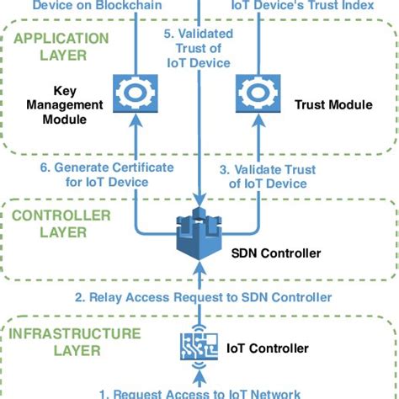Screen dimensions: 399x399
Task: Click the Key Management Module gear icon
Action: point(135,92)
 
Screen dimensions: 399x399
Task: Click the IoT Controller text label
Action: point(268,348)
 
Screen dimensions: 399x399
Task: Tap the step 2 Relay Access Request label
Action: point(203,297)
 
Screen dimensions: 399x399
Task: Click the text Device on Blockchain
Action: point(87,5)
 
